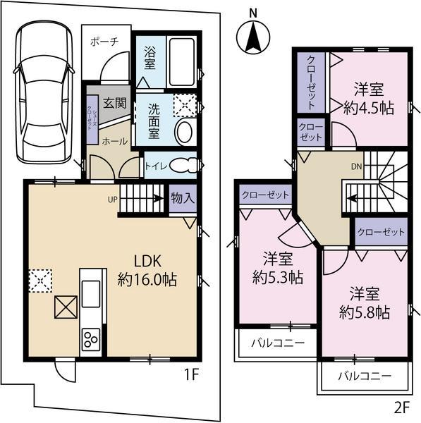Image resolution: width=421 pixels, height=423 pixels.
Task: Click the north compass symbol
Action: click(252, 35)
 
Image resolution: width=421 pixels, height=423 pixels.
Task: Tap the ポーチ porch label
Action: click(104, 42)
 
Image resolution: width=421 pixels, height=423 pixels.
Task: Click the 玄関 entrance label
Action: click(115, 102)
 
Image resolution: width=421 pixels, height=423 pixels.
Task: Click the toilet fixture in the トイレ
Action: click(181, 165)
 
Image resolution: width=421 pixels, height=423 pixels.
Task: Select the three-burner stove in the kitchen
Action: click(92, 341)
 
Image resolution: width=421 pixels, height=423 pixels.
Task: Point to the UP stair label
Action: click(113, 200)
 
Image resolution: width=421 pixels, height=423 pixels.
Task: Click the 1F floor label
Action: click(192, 375)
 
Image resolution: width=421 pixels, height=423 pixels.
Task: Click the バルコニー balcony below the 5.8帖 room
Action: click(364, 377)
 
